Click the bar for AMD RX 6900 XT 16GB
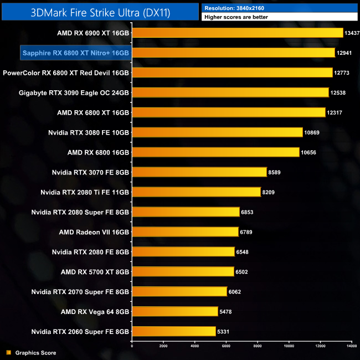pyautogui.click(x=238, y=33)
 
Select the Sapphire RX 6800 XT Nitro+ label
pyautogui.click(x=75, y=53)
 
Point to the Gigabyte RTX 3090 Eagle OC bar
pyautogui.click(x=230, y=92)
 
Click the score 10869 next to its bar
pyautogui.click(x=313, y=132)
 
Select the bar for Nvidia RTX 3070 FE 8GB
pyautogui.click(x=199, y=172)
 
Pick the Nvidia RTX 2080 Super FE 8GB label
pyautogui.click(x=80, y=212)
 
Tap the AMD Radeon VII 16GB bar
pyautogui.click(x=185, y=232)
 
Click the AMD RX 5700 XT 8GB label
pyautogui.click(x=95, y=272)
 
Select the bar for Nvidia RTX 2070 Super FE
pyautogui.click(x=179, y=291)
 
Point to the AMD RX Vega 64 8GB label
pyautogui.click(x=95, y=311)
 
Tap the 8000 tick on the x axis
pyautogui.click(x=258, y=346)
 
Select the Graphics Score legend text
pyautogui.click(x=35, y=353)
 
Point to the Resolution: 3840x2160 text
pyautogui.click(x=236, y=8)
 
